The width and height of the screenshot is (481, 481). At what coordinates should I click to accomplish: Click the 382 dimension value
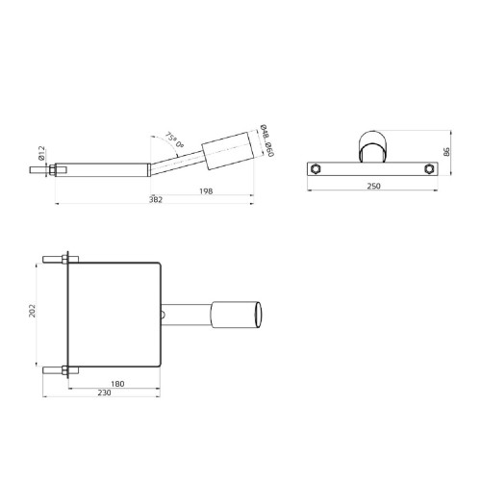click(x=156, y=200)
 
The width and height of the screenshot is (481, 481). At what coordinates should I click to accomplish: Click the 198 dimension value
click(x=207, y=192)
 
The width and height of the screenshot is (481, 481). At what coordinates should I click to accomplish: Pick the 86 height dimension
click(x=446, y=152)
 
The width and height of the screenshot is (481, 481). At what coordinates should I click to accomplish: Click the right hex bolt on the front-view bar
click(x=426, y=169)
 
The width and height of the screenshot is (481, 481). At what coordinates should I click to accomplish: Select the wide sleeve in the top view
click(x=236, y=314)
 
